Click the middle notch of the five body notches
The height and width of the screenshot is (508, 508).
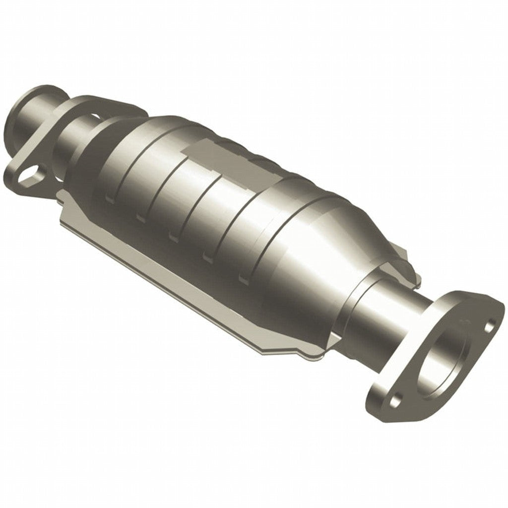[x=174, y=237]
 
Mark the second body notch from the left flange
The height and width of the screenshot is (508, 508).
[x=140, y=217]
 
